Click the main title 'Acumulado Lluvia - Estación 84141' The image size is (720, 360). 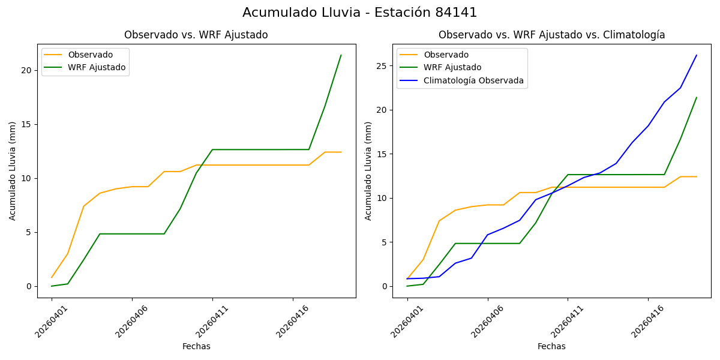(360, 13)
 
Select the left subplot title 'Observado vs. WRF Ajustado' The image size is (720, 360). (196, 35)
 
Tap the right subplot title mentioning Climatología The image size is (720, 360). (551, 35)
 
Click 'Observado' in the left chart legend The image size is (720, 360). (90, 55)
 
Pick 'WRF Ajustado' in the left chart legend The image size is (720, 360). (97, 67)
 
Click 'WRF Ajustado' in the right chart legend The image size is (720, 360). (452, 67)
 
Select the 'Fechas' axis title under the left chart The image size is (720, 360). (196, 346)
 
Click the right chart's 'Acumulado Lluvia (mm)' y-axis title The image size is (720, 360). (368, 171)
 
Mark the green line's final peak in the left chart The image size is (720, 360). (341, 55)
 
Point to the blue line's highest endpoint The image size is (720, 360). (697, 55)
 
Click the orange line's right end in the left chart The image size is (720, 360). (341, 152)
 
